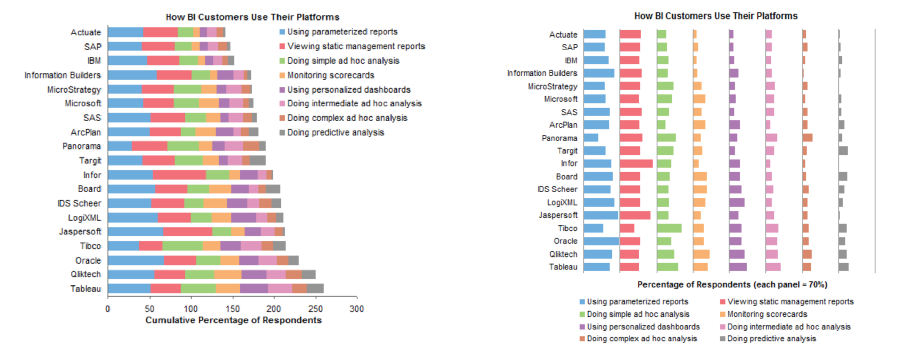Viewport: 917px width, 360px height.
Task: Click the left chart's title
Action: pos(252,17)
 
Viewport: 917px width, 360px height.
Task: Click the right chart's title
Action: pos(715,16)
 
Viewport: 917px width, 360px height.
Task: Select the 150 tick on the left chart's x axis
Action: pos(232,309)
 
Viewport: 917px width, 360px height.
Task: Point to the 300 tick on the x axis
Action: pos(356,309)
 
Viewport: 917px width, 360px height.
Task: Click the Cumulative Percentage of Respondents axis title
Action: pos(233,320)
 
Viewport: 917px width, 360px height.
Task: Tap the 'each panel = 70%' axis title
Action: pos(732,285)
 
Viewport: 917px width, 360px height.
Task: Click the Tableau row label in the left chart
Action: pos(86,289)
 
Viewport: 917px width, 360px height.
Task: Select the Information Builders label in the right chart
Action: pos(542,73)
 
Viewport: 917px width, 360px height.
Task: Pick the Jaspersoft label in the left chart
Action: pos(80,231)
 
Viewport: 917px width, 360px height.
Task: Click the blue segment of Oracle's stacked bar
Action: pos(136,260)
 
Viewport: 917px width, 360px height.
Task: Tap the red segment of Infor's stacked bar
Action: pos(179,175)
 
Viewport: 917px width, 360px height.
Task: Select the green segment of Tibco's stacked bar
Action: pos(182,246)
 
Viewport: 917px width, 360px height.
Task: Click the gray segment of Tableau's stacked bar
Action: pos(315,289)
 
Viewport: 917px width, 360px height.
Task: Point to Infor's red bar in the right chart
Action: pos(636,163)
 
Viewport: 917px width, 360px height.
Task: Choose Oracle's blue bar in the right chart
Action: pos(601,241)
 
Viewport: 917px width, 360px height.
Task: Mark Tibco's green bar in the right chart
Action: pos(669,228)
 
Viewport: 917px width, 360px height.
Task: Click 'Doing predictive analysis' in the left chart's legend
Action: pos(335,132)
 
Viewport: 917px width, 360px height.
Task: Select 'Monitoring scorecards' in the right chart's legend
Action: pos(767,314)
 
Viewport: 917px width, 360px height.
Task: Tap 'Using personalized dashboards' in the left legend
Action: pos(349,90)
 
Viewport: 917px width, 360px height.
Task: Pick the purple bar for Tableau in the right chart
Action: pos(738,267)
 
